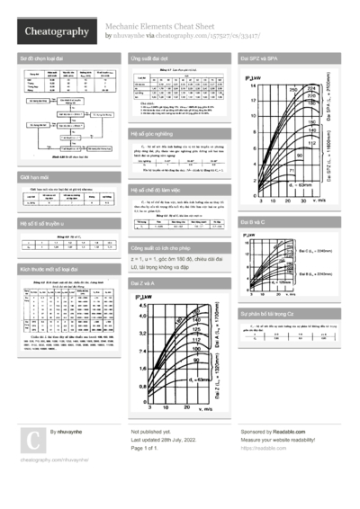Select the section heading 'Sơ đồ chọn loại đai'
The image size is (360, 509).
(41, 57)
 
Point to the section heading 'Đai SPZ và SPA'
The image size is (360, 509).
(260, 57)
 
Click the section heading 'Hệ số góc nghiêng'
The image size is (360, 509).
(150, 131)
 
